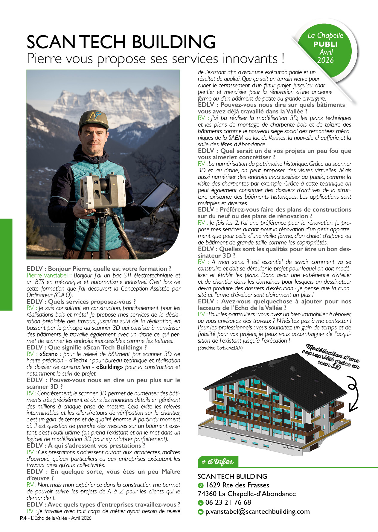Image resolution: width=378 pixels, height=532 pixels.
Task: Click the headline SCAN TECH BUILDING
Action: (121, 42)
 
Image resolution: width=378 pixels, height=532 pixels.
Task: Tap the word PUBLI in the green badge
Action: (325, 44)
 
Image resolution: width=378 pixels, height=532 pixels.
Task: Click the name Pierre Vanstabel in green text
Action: (48, 275)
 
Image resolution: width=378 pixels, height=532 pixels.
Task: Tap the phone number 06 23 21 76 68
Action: (228, 502)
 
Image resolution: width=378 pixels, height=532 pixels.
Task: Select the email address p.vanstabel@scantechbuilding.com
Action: (257, 511)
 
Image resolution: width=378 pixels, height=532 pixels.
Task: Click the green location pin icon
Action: (201, 485)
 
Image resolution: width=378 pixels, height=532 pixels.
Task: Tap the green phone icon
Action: (201, 503)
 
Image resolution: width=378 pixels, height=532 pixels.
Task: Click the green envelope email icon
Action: (201, 512)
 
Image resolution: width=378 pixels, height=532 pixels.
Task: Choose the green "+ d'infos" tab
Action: (218, 462)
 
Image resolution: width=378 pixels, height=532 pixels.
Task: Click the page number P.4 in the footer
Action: (23, 518)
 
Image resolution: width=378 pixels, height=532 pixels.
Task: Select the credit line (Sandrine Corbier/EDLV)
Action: (220, 348)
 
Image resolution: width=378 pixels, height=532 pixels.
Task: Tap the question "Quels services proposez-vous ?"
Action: (92, 302)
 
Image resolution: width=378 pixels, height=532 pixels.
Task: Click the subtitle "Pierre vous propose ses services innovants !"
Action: (156, 59)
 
